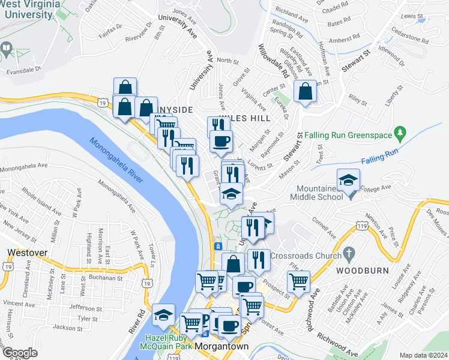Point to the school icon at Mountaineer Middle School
click(x=348, y=179)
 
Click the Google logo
click(x=20, y=352)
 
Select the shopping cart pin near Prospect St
click(x=298, y=280)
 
